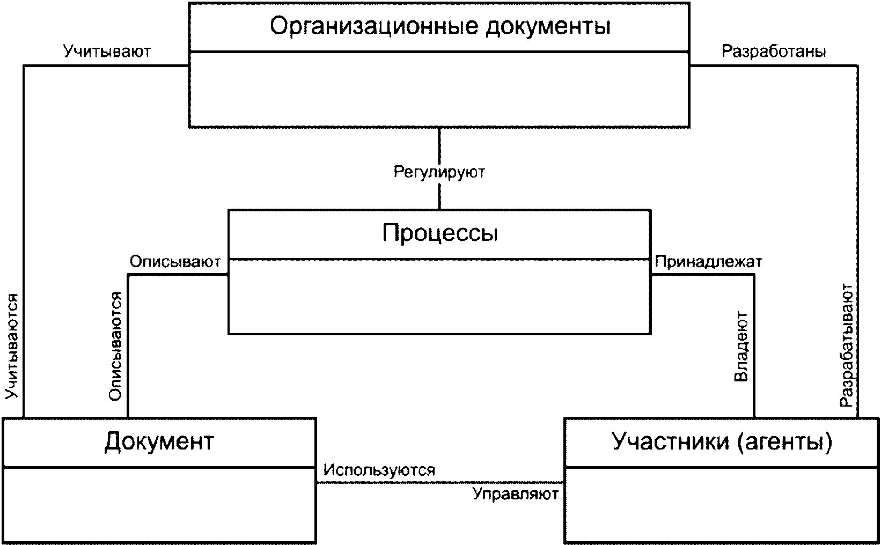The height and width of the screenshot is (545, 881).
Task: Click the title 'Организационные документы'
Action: [439, 26]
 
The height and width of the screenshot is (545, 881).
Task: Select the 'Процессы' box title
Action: [439, 233]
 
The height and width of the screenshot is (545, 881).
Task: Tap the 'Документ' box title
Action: [159, 441]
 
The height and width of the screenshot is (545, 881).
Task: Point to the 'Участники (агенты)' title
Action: [722, 441]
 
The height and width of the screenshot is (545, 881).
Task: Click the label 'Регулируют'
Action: [439, 172]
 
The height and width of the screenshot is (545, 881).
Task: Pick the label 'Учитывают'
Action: [107, 51]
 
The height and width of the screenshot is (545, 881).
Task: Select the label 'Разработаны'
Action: [774, 51]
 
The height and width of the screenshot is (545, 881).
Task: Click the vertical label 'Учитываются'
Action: [12, 347]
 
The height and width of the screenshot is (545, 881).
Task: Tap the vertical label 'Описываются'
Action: [115, 347]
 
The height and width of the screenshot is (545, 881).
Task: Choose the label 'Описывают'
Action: [175, 262]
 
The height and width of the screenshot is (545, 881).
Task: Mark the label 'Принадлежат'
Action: [708, 262]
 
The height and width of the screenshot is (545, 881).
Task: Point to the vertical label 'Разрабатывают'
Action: [846, 346]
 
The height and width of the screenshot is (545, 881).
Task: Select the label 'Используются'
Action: [379, 470]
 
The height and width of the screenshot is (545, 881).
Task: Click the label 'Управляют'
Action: [516, 494]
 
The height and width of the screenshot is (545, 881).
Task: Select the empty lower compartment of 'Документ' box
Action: [159, 504]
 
